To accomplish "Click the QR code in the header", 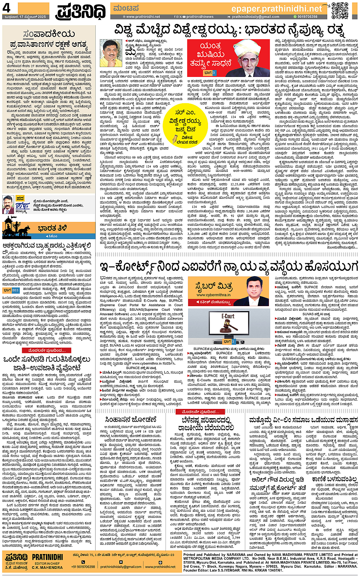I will tap(339, 10).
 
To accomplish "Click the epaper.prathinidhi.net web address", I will tap(277, 8).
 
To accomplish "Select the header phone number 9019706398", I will tap(307, 17).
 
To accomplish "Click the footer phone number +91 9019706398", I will tap(83, 567).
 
